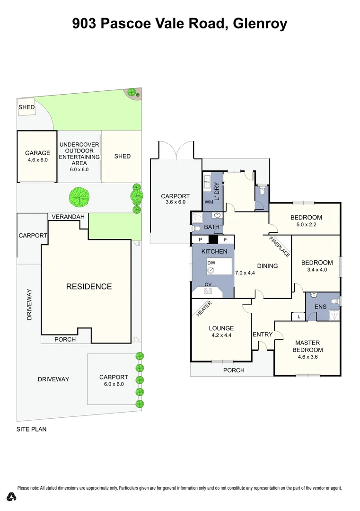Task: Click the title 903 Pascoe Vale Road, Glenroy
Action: (180, 23)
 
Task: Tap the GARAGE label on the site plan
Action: (37, 153)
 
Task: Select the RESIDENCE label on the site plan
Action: (89, 286)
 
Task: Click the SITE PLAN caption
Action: (31, 430)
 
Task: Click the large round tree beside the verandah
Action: (79, 197)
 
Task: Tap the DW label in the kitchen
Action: (211, 263)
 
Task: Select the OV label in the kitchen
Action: (208, 284)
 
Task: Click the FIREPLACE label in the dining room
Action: (280, 247)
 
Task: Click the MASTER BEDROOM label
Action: (307, 346)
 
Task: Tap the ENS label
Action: (320, 307)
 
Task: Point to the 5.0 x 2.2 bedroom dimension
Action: (306, 225)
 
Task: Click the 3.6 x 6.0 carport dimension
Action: (175, 203)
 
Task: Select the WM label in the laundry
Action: (209, 202)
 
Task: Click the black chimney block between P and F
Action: (213, 240)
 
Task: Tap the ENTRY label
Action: (263, 335)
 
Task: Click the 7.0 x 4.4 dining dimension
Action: (245, 273)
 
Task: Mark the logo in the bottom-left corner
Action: (12, 497)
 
